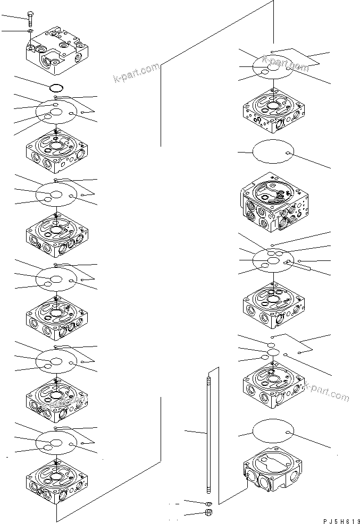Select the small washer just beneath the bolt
coord(30,32)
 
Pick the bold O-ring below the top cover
coord(56,87)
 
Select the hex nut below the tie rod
coord(208,513)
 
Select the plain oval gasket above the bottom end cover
coord(273,430)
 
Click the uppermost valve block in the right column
coord(274,112)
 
